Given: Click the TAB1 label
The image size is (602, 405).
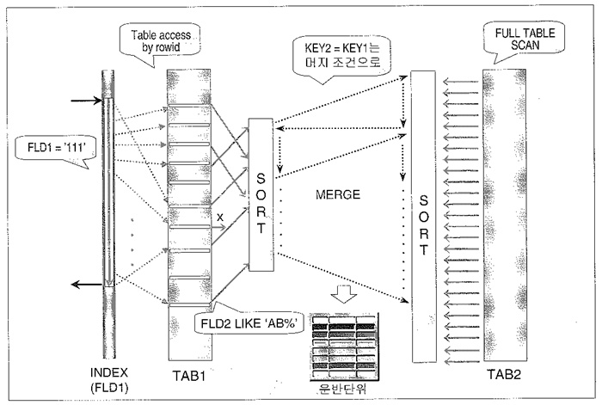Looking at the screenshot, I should pyautogui.click(x=187, y=377).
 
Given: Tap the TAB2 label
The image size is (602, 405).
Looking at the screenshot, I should pyautogui.click(x=505, y=376).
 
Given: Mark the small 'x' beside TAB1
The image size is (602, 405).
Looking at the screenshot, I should pyautogui.click(x=220, y=218).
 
